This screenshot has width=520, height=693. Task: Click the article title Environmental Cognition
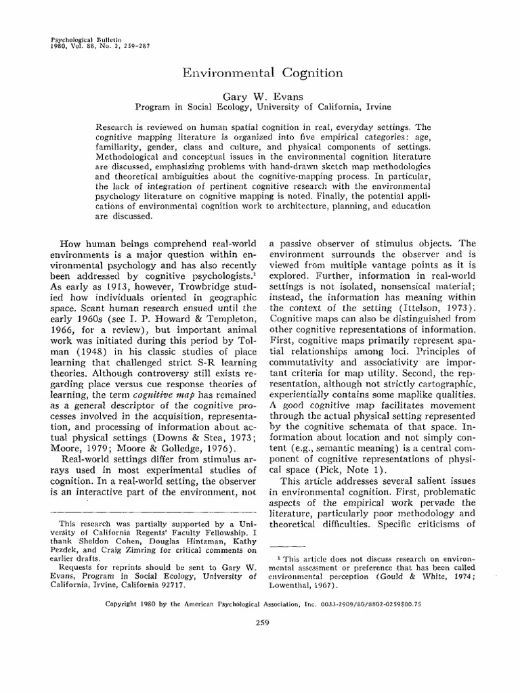259,72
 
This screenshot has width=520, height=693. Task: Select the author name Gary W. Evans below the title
259,97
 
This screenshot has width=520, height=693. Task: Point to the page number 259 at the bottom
259,623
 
